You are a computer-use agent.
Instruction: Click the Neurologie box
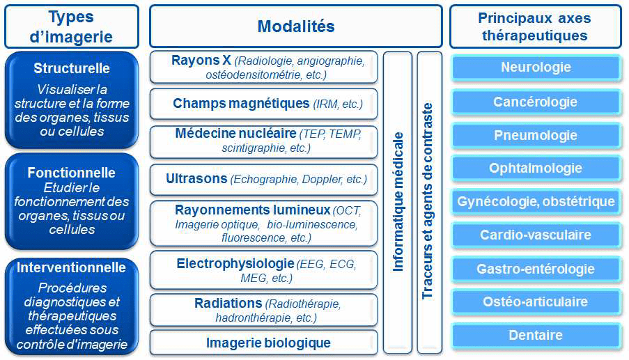pyautogui.click(x=536, y=68)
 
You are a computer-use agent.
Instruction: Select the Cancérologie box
pyautogui.click(x=536, y=102)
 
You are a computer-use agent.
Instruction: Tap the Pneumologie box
pyautogui.click(x=536, y=136)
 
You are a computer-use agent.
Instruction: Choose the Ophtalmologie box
pyautogui.click(x=536, y=169)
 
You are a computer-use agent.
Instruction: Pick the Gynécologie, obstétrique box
pyautogui.click(x=536, y=202)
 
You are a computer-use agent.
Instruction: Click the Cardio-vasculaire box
pyautogui.click(x=536, y=235)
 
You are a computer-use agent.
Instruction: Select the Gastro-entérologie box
pyautogui.click(x=536, y=269)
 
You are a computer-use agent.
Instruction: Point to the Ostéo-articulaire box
pyautogui.click(x=536, y=302)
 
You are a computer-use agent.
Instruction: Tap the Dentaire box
pyautogui.click(x=536, y=335)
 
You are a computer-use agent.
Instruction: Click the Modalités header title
pyautogui.click(x=296, y=26)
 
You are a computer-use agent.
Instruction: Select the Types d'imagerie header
pyautogui.click(x=72, y=26)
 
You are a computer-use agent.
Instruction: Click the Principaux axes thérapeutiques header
pyautogui.click(x=536, y=26)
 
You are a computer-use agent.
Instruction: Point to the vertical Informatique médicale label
pyautogui.click(x=398, y=202)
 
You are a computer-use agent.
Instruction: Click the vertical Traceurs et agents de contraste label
pyautogui.click(x=428, y=201)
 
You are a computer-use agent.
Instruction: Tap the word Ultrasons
pyautogui.click(x=196, y=178)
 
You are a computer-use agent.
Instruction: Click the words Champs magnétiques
pyautogui.click(x=241, y=104)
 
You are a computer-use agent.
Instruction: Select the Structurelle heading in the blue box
pyautogui.click(x=72, y=68)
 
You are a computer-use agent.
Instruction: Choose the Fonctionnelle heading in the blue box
pyautogui.click(x=72, y=173)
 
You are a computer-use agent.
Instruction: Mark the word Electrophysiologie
pyautogui.click(x=235, y=263)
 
